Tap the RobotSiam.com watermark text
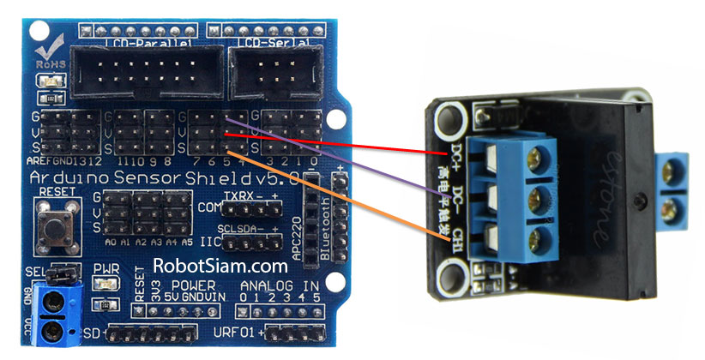(220, 267)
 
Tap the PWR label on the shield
(106, 269)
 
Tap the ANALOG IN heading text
(281, 285)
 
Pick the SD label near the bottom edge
(93, 331)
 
